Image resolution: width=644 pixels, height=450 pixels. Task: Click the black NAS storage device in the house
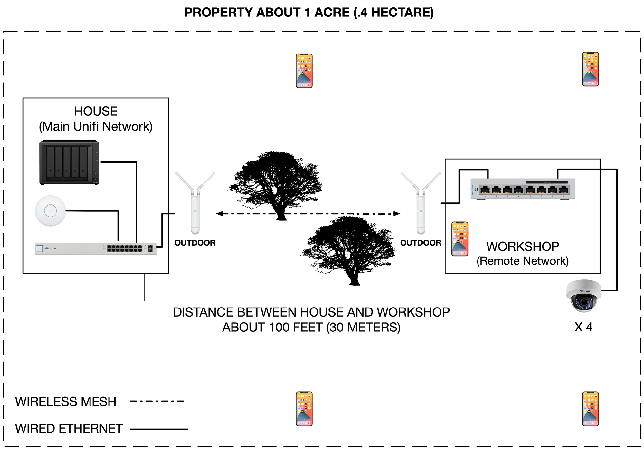point(69,162)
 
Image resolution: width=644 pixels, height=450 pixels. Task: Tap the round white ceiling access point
point(50,211)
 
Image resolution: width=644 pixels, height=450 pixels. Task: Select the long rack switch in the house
point(96,249)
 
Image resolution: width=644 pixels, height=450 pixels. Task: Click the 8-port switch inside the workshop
point(522,189)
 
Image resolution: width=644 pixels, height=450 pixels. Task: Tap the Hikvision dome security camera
point(583,295)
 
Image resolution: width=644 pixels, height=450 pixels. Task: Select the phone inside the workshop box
point(459,239)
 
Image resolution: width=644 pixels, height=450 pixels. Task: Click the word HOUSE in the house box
point(96,112)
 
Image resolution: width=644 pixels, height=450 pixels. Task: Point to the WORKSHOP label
point(522,247)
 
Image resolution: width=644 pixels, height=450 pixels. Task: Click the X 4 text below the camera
point(583,327)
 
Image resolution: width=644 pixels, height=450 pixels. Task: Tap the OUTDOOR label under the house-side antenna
point(195,243)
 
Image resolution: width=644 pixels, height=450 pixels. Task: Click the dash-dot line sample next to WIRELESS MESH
point(157,402)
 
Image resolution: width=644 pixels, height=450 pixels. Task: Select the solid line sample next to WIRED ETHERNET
point(159,429)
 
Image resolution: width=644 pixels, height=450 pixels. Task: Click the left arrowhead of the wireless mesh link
point(219,213)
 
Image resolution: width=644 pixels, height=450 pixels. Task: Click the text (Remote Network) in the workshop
point(522,261)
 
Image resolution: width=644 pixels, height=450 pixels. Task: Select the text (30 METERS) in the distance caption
point(363,328)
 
